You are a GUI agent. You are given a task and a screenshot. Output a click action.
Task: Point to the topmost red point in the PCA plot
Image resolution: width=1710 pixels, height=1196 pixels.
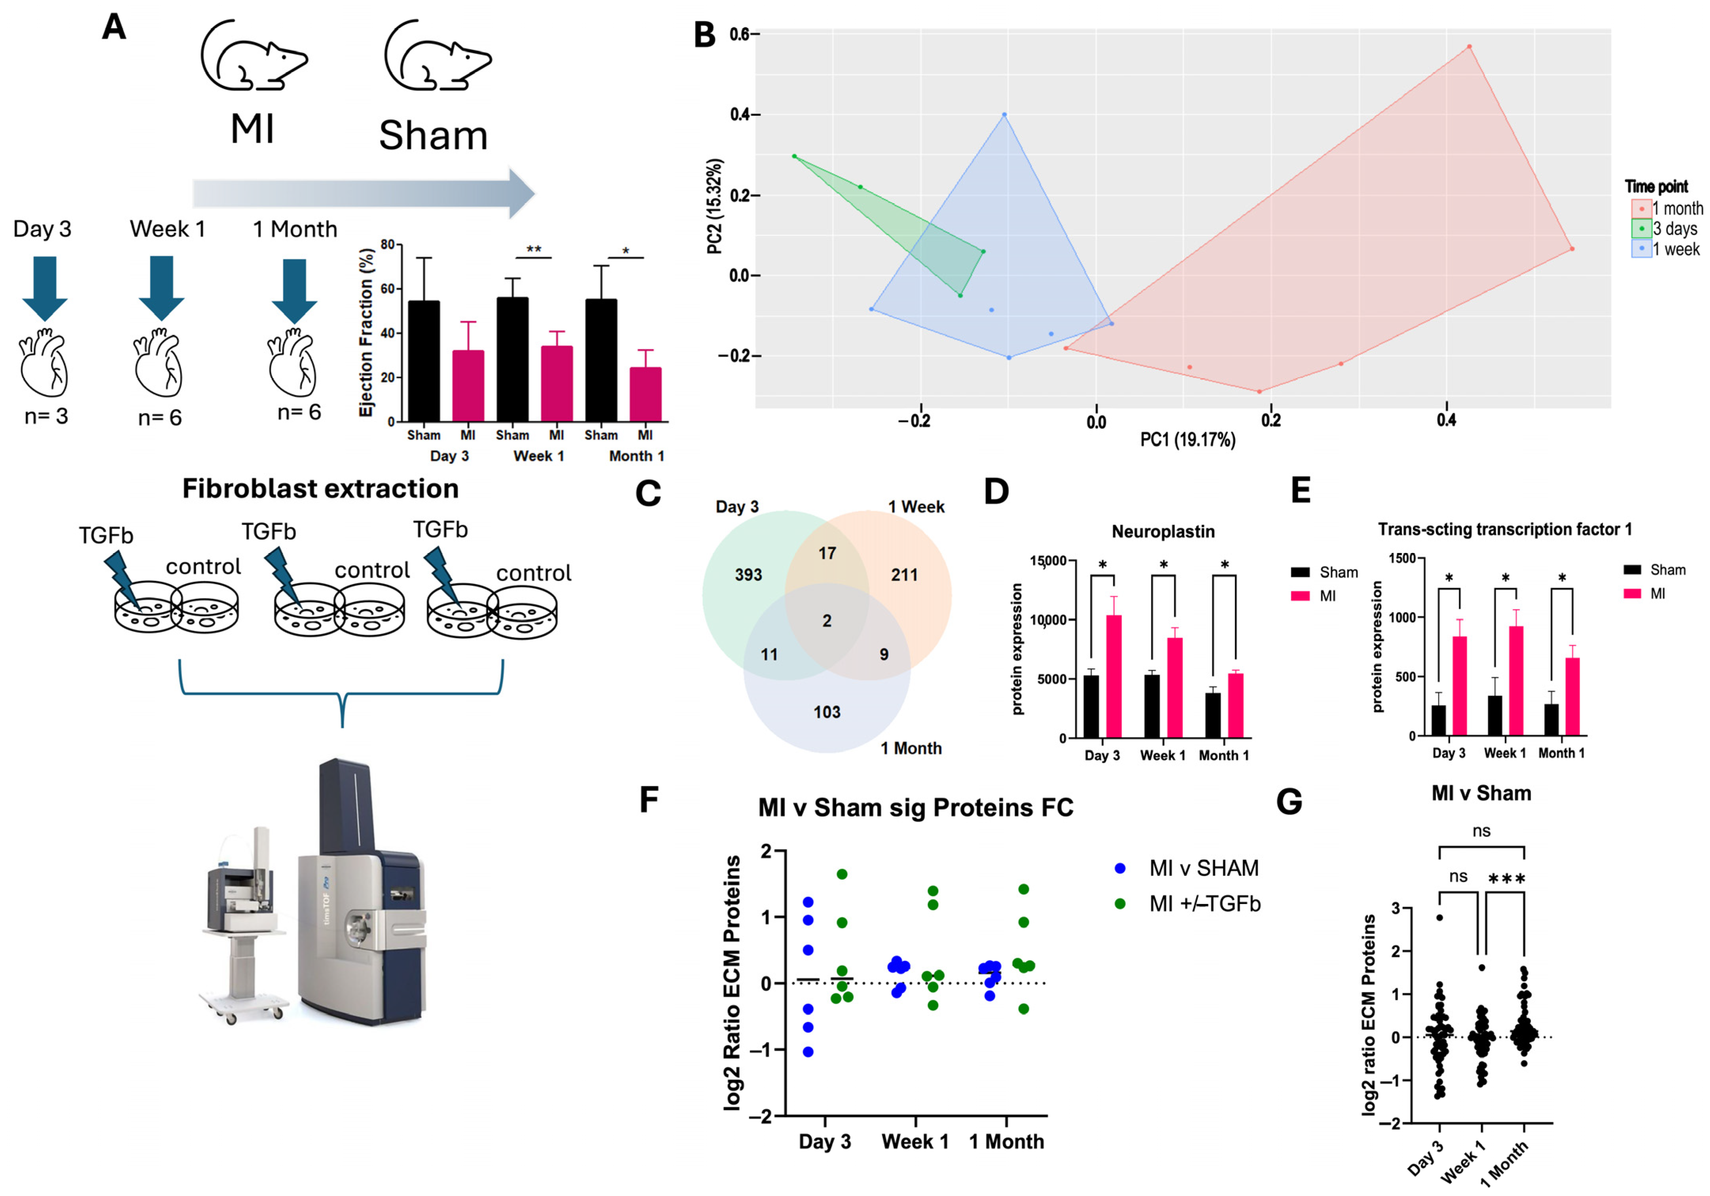pos(1470,46)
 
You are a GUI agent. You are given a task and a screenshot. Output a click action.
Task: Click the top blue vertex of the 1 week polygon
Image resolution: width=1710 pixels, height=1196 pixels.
pos(1004,115)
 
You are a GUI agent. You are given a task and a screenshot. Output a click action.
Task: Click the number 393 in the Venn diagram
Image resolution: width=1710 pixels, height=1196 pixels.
pos(748,575)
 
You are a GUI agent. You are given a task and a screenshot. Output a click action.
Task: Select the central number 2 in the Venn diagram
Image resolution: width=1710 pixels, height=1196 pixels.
pos(827,621)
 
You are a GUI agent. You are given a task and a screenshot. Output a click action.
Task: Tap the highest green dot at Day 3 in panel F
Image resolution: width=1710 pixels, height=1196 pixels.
pos(842,874)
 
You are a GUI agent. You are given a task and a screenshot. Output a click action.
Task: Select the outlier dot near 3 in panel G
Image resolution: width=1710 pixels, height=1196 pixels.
pos(1440,917)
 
